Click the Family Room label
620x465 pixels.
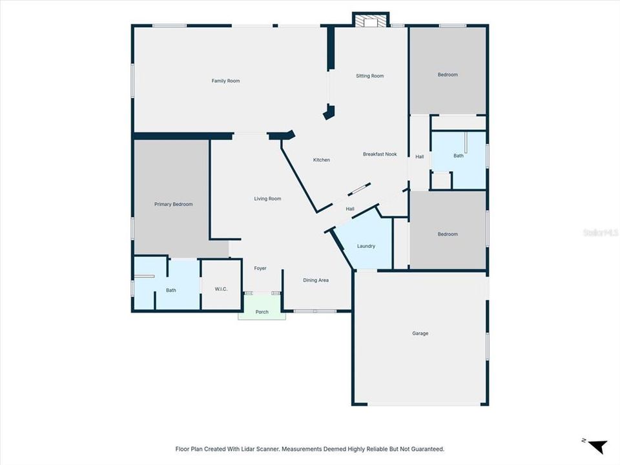point(225,81)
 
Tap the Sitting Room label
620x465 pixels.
point(369,76)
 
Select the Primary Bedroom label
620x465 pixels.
point(173,204)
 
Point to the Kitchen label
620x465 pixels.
point(322,160)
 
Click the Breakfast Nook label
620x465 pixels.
point(379,154)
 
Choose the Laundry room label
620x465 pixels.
point(366,246)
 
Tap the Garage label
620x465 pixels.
point(420,333)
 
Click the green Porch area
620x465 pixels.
point(262,312)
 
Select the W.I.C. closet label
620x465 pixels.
point(221,289)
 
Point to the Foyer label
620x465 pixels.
point(260,268)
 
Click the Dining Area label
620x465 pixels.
point(316,280)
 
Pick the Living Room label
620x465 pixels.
point(267,198)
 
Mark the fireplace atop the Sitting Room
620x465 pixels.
point(371,21)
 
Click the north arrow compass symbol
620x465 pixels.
point(597,446)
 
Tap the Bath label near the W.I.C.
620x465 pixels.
point(170,290)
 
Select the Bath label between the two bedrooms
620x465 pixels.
point(458,156)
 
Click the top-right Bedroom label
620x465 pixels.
point(448,74)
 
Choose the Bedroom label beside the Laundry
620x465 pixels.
point(448,234)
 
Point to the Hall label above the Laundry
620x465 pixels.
point(350,209)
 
